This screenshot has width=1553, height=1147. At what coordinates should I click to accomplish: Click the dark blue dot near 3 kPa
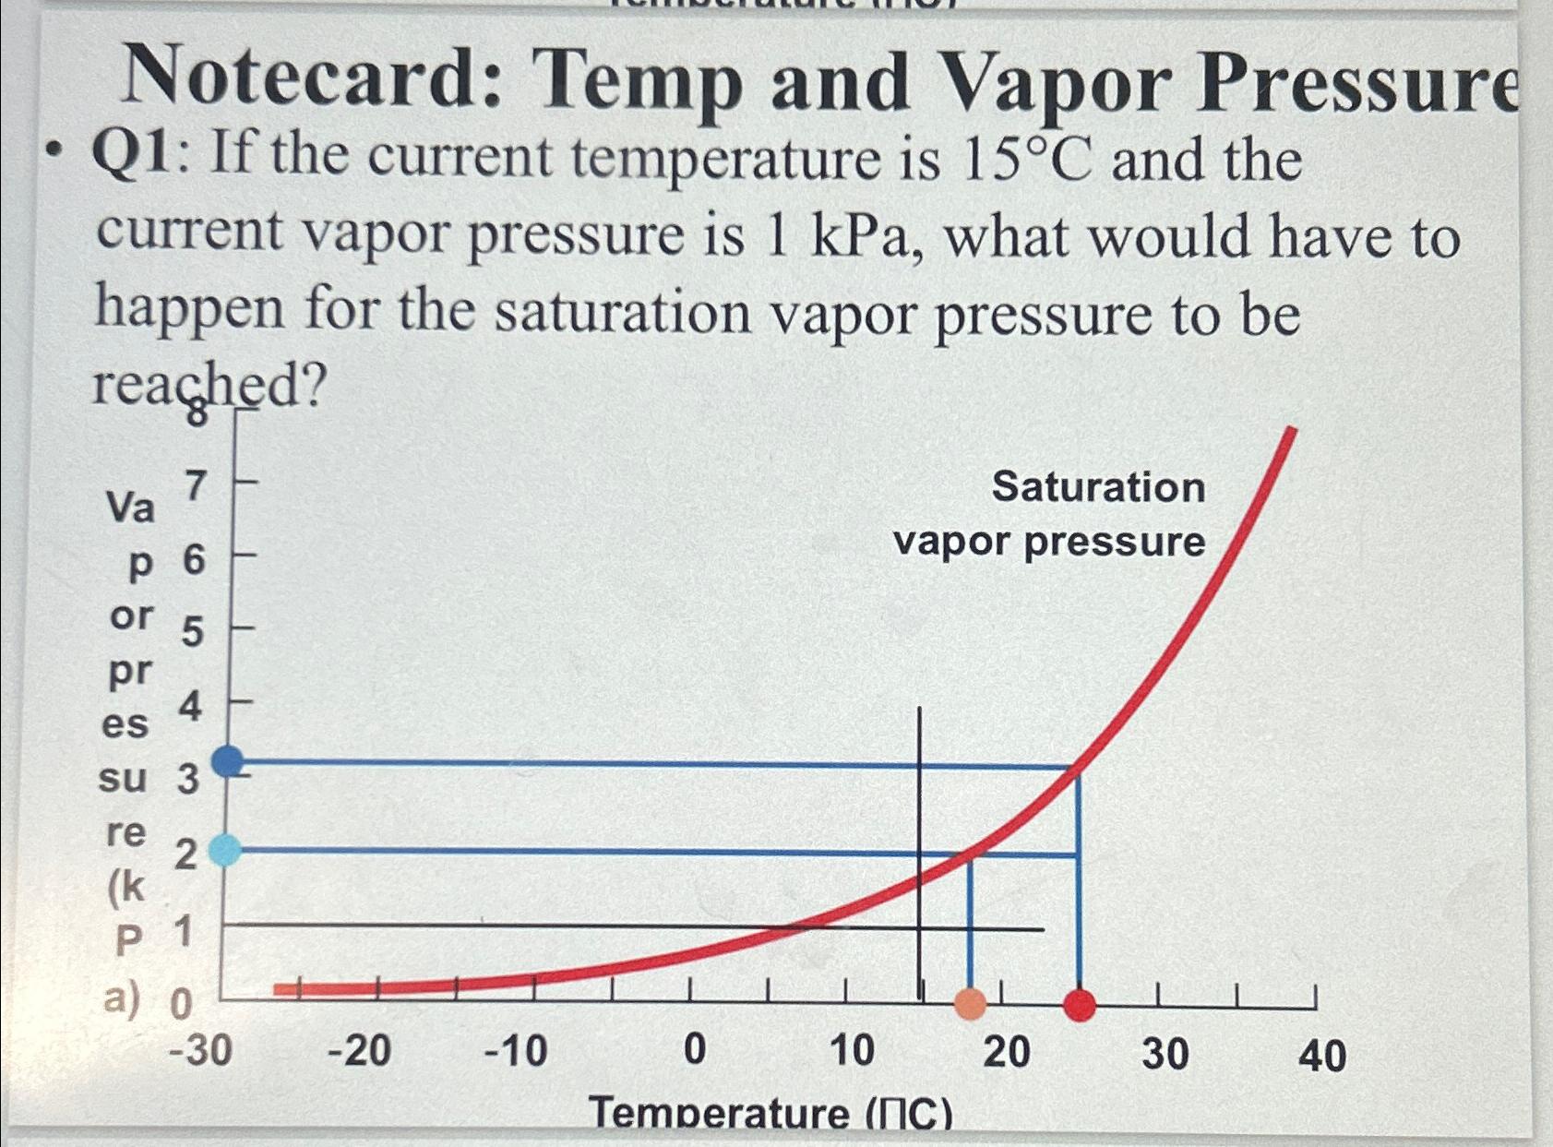point(228,761)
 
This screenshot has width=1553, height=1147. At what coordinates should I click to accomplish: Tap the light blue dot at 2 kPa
point(224,850)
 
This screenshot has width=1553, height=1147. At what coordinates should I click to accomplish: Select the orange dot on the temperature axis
point(970,1003)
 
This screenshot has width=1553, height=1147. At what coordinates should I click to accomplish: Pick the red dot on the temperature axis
point(1079,1004)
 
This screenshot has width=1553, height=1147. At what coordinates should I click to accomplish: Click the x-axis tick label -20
point(360,1050)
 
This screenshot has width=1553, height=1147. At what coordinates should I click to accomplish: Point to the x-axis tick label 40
point(1321,1054)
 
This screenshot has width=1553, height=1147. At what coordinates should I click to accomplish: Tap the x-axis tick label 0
point(694,1050)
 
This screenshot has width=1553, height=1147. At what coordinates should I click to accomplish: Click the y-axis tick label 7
point(195,485)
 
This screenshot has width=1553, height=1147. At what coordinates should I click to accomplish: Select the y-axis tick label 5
point(192,633)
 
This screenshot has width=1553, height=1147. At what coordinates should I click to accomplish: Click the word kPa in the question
point(862,236)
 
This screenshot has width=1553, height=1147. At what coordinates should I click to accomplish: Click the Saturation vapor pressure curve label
point(1050,514)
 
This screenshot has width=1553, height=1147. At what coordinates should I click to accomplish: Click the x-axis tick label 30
point(1165,1053)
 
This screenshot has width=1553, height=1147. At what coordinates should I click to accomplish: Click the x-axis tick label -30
point(200,1050)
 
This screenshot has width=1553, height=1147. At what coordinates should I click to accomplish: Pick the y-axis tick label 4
point(190,707)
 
